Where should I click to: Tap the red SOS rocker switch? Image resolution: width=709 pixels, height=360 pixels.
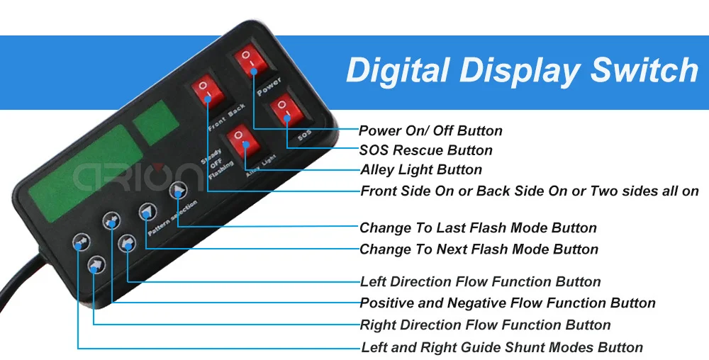pos(286,111)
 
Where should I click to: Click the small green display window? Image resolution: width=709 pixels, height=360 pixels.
pos(155,123)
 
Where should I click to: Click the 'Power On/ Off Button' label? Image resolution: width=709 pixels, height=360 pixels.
pos(430,131)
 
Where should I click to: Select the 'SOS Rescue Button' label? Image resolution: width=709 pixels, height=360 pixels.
pos(426,150)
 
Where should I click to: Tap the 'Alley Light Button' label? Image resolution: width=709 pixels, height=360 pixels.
pos(421,170)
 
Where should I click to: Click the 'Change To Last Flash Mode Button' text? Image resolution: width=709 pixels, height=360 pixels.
pos(478,227)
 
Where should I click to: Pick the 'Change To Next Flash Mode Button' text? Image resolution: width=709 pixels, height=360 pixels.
pos(479,249)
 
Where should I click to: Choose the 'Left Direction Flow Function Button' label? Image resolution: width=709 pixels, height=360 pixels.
pos(480,282)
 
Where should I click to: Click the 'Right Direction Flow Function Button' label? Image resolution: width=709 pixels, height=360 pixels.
pos(485,325)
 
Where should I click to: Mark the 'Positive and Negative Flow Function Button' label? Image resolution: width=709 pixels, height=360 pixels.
pos(508,303)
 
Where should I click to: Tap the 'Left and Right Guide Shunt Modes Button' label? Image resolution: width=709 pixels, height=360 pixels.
pos(502,347)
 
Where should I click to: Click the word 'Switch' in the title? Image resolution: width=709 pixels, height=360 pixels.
pos(645,70)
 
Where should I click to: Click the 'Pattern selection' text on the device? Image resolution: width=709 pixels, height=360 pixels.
pos(173,218)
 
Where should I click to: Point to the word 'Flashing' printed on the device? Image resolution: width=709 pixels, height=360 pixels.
pos(221,170)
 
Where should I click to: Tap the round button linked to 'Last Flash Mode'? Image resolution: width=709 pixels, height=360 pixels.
pos(179,191)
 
